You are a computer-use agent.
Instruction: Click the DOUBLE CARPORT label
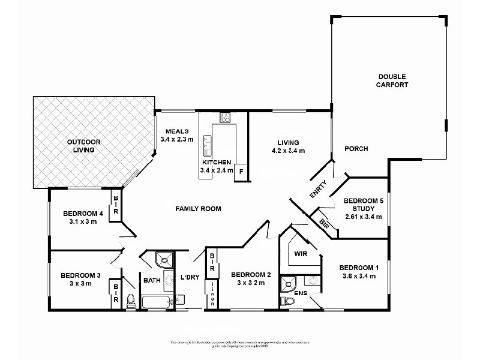pyautogui.click(x=393, y=80)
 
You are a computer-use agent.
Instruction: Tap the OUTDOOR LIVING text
pyautogui.click(x=84, y=146)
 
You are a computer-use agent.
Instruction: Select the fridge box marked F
pyautogui.click(x=241, y=171)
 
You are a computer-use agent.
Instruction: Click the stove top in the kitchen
pyautogui.click(x=226, y=118)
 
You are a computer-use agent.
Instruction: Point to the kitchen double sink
pyautogui.click(x=207, y=142)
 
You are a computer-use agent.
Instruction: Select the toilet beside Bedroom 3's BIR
pyautogui.click(x=131, y=299)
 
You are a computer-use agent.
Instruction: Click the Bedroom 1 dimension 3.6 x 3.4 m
pyautogui.click(x=358, y=276)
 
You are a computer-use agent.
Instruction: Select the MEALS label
pyautogui.click(x=178, y=131)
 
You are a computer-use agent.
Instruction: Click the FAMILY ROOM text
pyautogui.click(x=198, y=209)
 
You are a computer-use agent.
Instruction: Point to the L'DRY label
pyautogui.click(x=189, y=277)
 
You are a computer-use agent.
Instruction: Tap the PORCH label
pyautogui.click(x=356, y=149)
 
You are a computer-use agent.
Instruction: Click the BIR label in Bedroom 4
pyautogui.click(x=116, y=204)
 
